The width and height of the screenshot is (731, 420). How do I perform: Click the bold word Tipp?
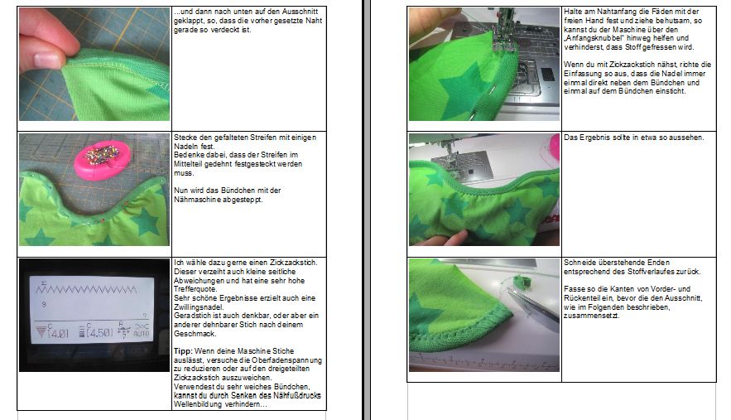click(183, 351)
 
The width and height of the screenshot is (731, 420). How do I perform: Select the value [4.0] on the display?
click(58, 333)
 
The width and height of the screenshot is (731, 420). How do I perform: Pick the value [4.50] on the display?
click(99, 333)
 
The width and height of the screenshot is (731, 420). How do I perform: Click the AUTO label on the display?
click(142, 334)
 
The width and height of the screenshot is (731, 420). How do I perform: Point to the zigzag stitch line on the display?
click(86, 290)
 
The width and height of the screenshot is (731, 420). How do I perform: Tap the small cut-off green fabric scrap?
click(519, 281)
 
